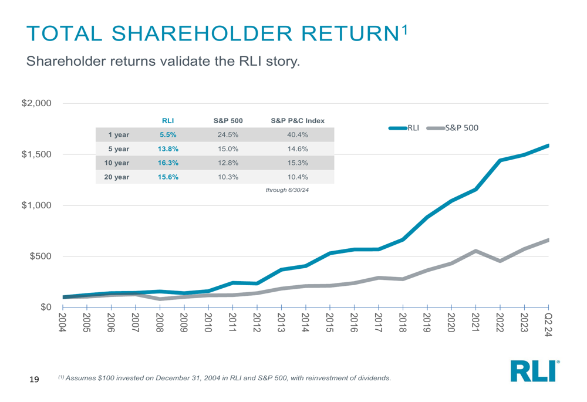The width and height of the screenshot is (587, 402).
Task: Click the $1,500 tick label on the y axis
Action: coord(37,154)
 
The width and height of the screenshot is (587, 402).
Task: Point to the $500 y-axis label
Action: coord(41,256)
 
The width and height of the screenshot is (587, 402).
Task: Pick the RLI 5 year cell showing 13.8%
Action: coord(169,149)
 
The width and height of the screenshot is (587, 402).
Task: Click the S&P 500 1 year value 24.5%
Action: coord(228,135)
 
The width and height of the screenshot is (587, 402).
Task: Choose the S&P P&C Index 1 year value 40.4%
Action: coord(298,135)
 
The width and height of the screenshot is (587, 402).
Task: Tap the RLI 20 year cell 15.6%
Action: coord(169,177)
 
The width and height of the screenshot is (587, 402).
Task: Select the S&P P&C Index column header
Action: coord(298,121)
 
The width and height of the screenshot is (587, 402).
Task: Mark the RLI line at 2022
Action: coord(500,160)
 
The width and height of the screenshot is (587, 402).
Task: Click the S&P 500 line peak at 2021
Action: coord(475,251)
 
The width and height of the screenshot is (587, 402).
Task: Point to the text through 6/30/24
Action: coord(287,191)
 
